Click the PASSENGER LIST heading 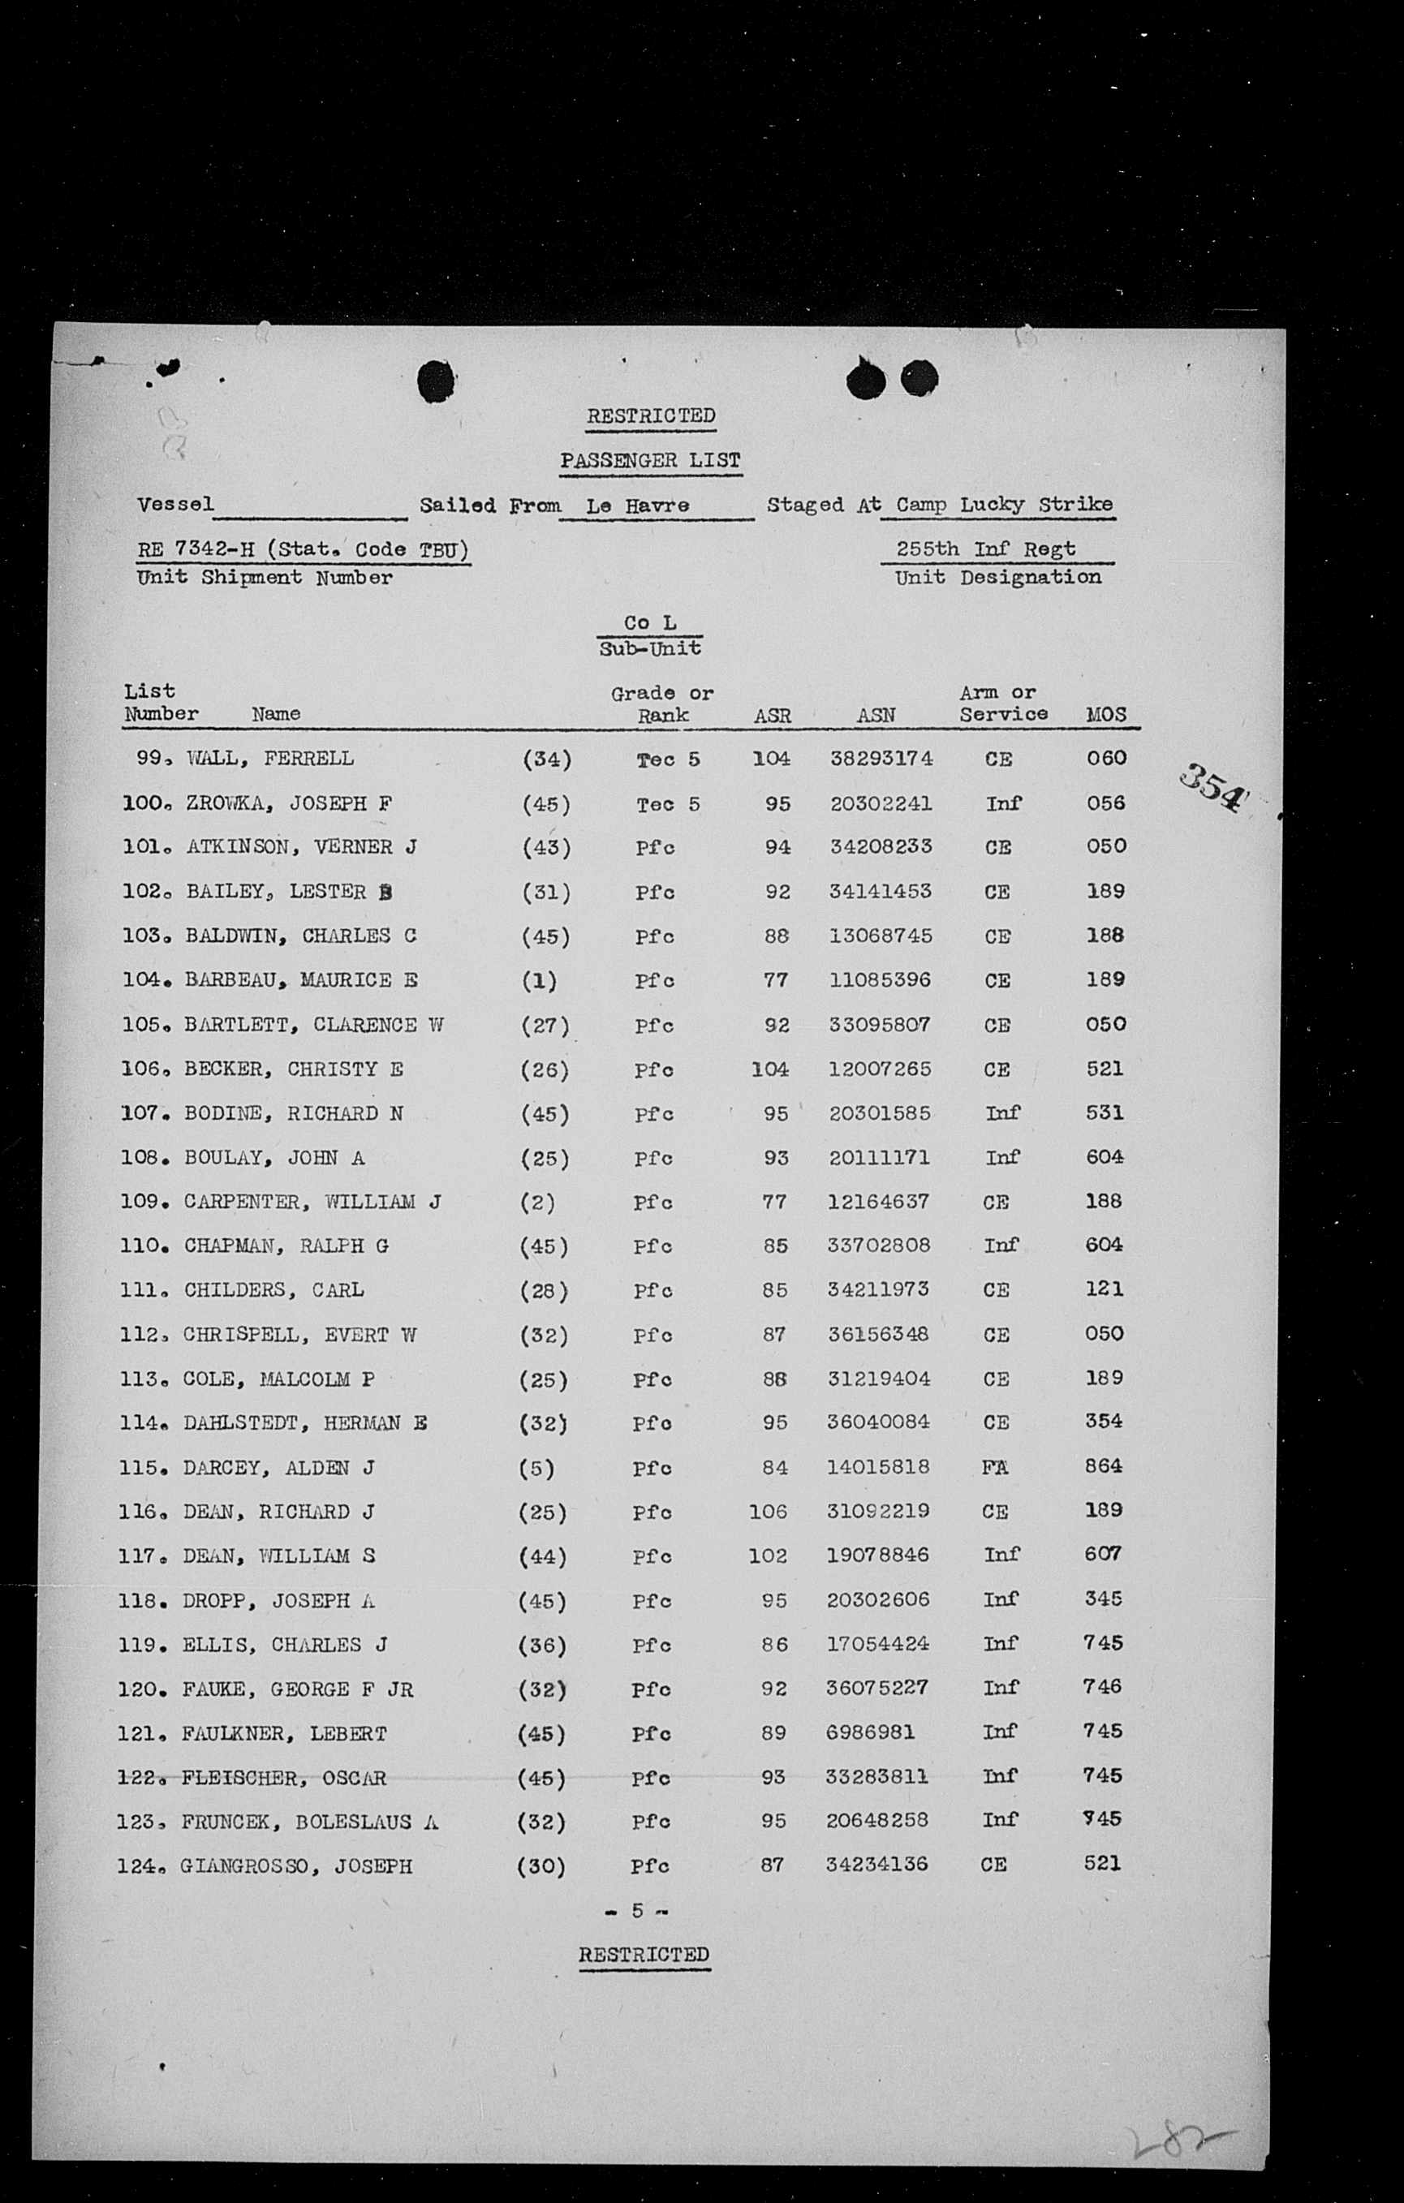[x=650, y=461]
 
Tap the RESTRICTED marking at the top [x=651, y=416]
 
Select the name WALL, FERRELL [x=270, y=759]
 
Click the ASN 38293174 [x=881, y=759]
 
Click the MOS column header [x=1105, y=715]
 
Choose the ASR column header [x=773, y=716]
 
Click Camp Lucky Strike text [x=1004, y=505]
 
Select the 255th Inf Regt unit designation [x=986, y=549]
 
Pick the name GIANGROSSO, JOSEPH [x=296, y=1865]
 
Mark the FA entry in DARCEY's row [x=995, y=1466]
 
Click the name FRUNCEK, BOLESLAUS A [x=309, y=1821]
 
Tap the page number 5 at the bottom [x=638, y=1910]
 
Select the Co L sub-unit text [x=650, y=623]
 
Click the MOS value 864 [x=1103, y=1465]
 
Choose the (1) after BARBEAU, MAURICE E [x=539, y=981]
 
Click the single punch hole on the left [x=437, y=381]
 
